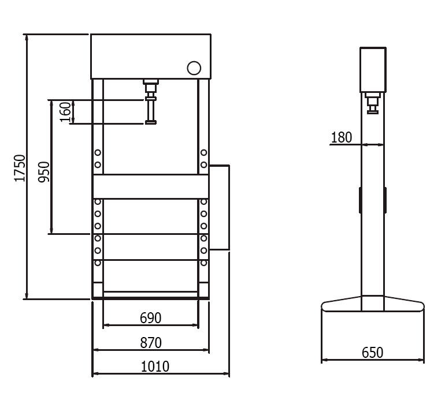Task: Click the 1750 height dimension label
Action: pyautogui.click(x=20, y=168)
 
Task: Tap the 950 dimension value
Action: pyautogui.click(x=44, y=172)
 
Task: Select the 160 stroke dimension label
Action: pyautogui.click(x=65, y=112)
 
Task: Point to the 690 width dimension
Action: pyautogui.click(x=150, y=318)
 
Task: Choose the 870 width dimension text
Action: pyautogui.click(x=151, y=342)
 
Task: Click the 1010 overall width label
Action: pyautogui.click(x=155, y=366)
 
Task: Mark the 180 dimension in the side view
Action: pyautogui.click(x=342, y=137)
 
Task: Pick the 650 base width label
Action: pyautogui.click(x=372, y=353)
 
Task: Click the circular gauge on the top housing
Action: pyautogui.click(x=194, y=68)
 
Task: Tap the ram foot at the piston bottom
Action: pyautogui.click(x=151, y=122)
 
